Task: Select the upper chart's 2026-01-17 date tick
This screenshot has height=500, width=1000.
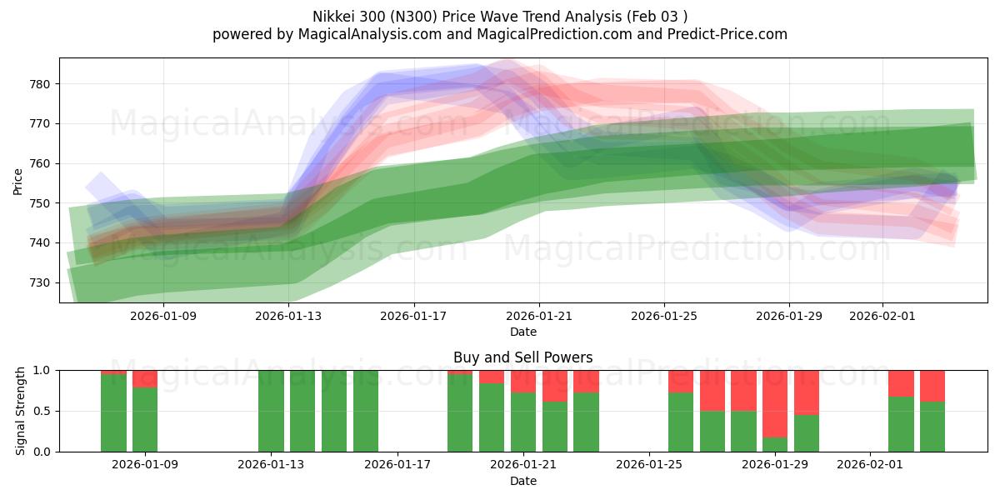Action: tap(413, 316)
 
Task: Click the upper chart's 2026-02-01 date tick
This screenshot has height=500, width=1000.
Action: tap(882, 316)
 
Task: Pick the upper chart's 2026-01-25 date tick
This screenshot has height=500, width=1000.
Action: tap(664, 316)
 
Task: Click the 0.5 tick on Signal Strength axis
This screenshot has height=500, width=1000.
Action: tap(43, 412)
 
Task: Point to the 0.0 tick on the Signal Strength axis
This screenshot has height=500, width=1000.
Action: tap(43, 452)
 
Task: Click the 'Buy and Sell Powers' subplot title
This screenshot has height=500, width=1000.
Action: tap(523, 357)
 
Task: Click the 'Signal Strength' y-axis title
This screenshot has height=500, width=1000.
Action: tap(20, 411)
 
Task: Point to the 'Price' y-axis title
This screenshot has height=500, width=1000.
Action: tap(18, 181)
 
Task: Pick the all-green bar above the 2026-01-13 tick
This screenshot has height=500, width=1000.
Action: tap(271, 411)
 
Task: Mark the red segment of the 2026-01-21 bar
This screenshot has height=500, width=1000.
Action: tap(523, 381)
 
